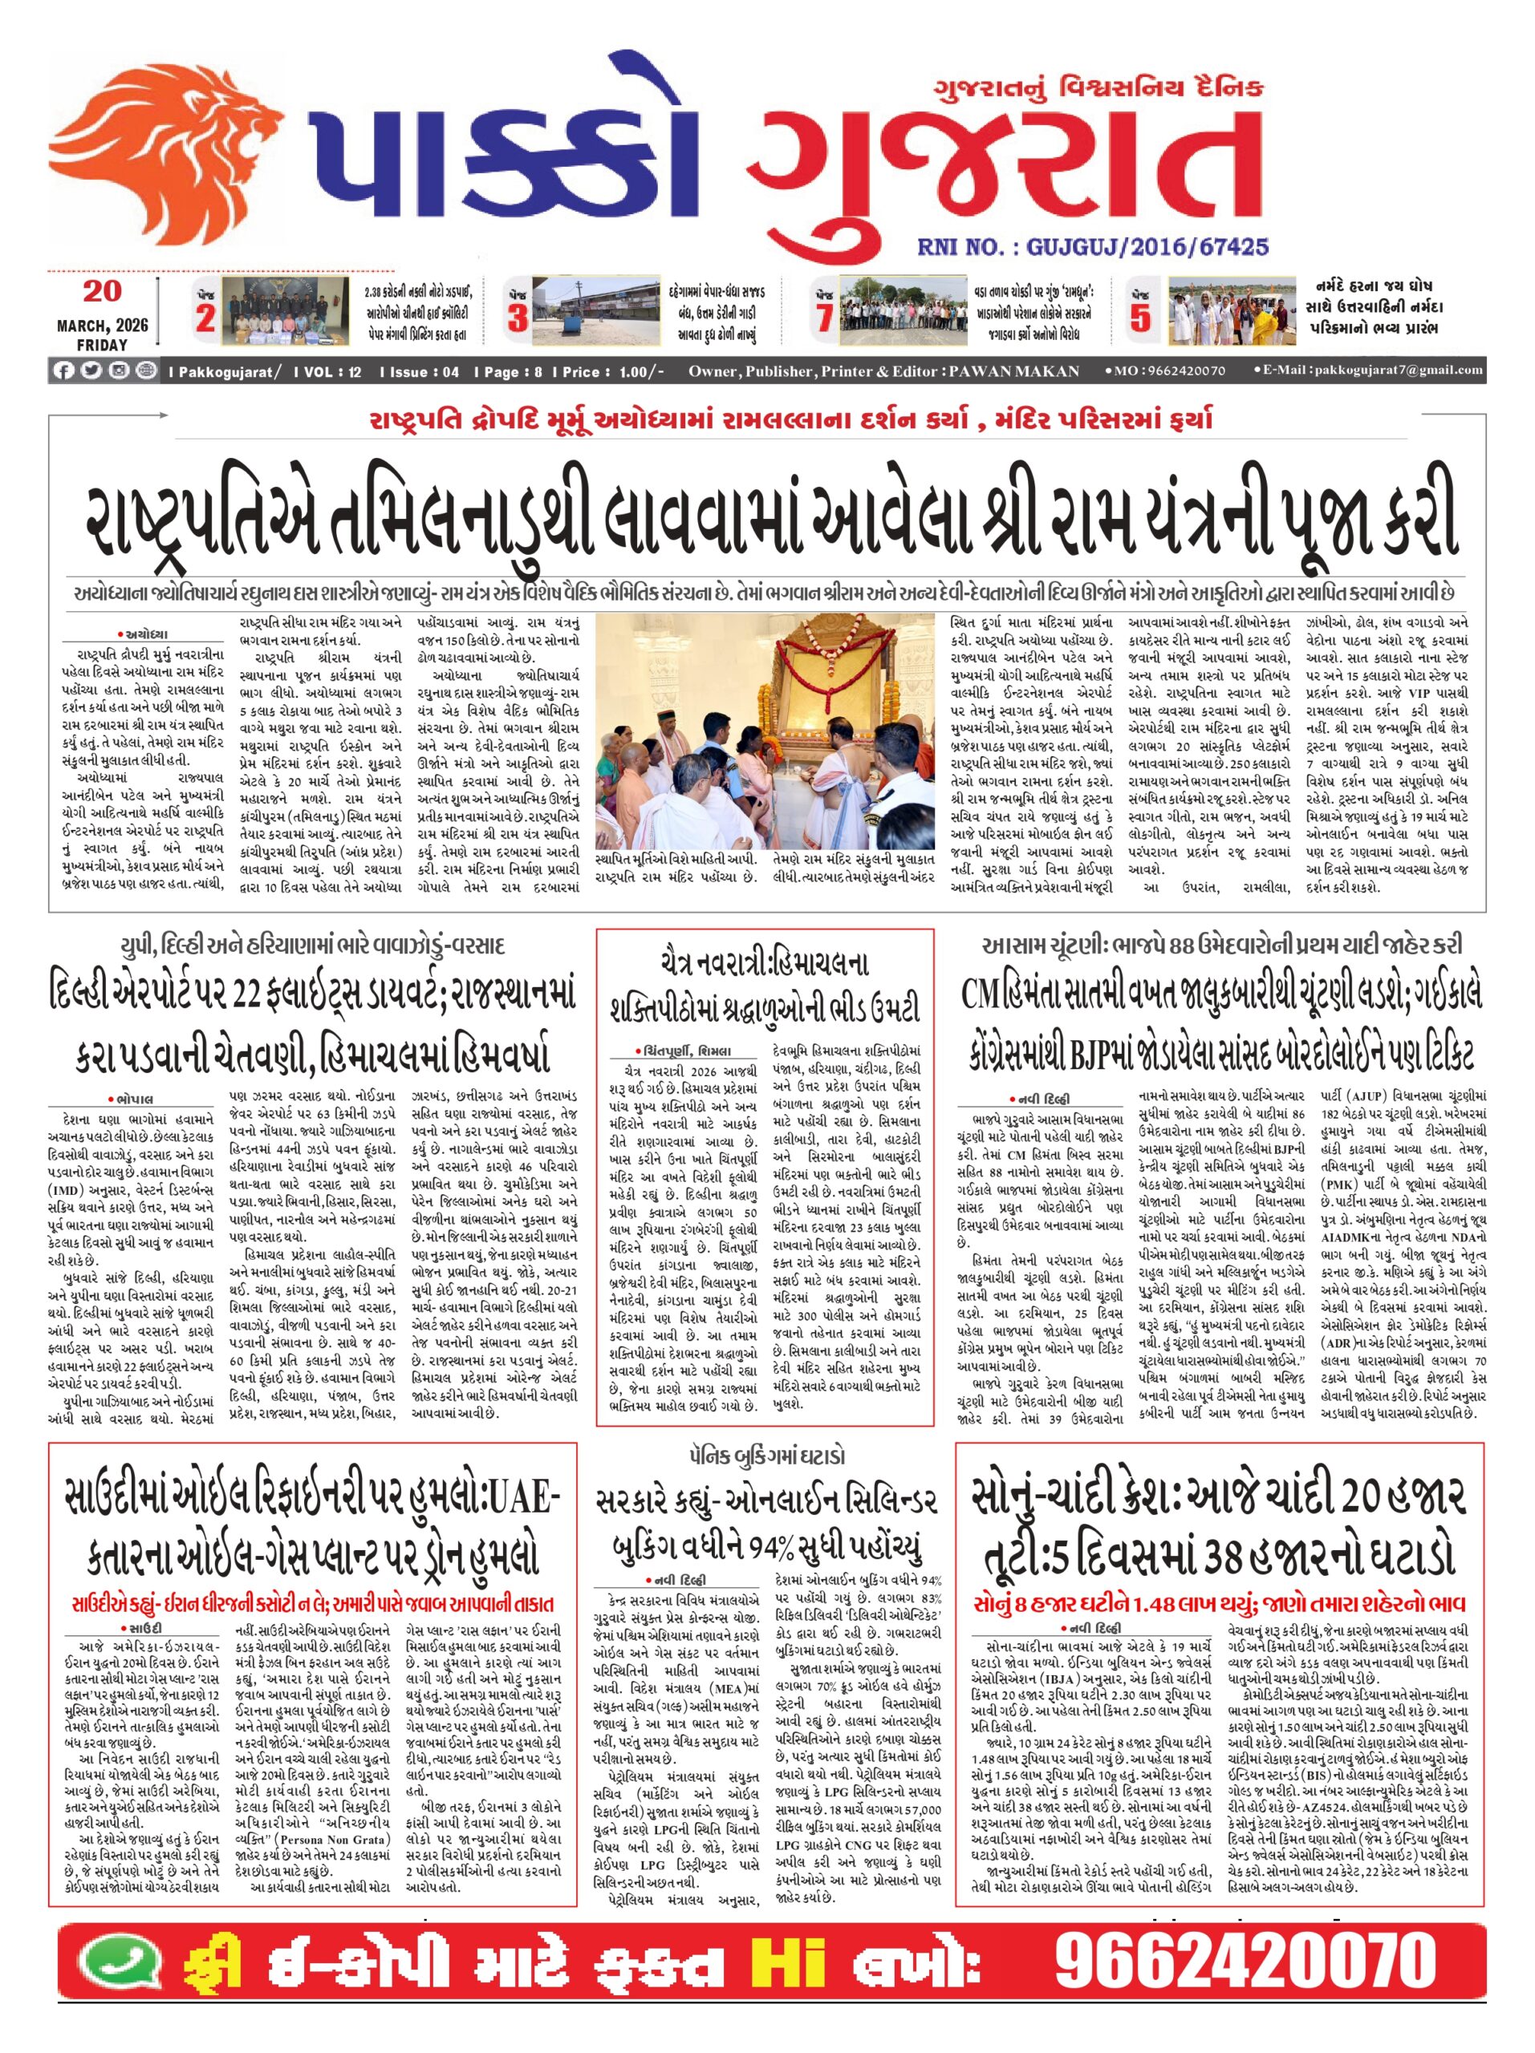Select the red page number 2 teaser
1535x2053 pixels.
coord(206,319)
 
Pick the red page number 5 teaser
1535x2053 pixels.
coord(1139,319)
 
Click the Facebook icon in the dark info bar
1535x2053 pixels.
coord(64,371)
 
